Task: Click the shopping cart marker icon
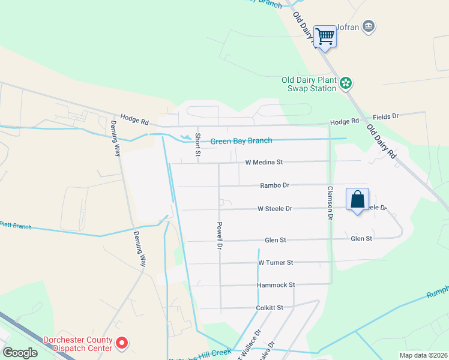click(x=325, y=37)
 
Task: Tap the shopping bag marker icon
click(x=357, y=199)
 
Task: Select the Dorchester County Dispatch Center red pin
click(x=122, y=343)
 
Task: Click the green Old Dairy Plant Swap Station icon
click(x=346, y=83)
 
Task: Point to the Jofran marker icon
click(x=369, y=26)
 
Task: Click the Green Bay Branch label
click(x=241, y=141)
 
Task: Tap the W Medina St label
click(x=264, y=162)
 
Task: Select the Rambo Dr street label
click(x=275, y=185)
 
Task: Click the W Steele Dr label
click(x=274, y=209)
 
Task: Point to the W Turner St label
click(x=276, y=263)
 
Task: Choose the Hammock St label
click(x=276, y=285)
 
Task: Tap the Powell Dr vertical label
click(x=220, y=236)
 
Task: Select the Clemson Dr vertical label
click(x=330, y=202)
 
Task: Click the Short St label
click(x=197, y=145)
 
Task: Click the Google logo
click(x=20, y=353)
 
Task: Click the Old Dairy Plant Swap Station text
click(x=309, y=84)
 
